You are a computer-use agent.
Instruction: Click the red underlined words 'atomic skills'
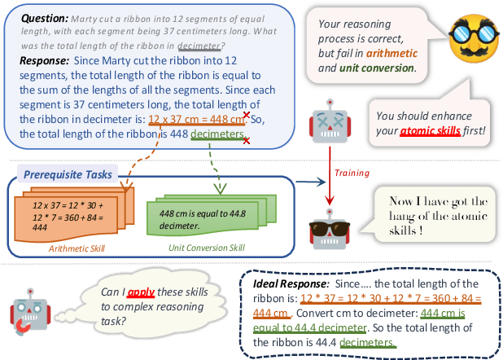point(432,130)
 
